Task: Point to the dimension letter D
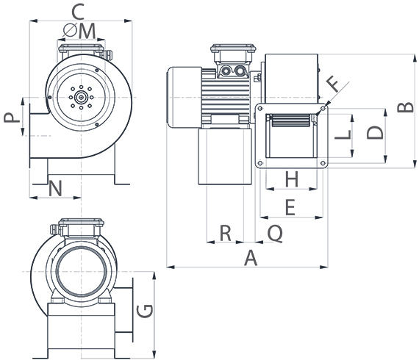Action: click(375, 134)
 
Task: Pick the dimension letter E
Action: click(290, 208)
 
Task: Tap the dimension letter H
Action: click(291, 179)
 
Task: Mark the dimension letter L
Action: click(341, 135)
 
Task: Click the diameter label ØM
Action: click(80, 31)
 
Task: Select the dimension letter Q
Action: click(274, 233)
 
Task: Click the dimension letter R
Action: click(226, 233)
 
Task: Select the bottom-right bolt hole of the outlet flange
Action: click(322, 163)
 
